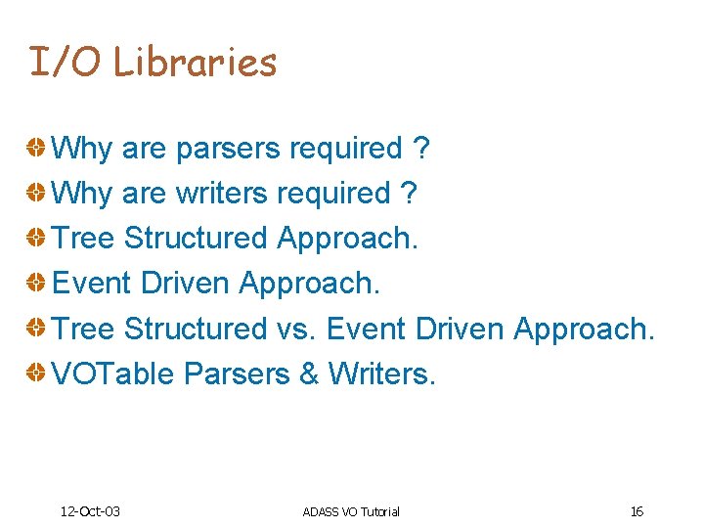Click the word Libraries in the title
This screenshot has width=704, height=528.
(196, 62)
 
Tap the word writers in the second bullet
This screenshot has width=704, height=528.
(221, 194)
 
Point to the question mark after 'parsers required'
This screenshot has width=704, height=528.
(421, 149)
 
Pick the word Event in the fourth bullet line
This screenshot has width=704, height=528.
(91, 284)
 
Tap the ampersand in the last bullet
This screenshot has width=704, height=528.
(309, 374)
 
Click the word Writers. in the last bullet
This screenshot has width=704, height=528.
(382, 374)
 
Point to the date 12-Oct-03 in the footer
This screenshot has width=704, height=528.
(90, 511)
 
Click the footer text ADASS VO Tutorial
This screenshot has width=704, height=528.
(351, 511)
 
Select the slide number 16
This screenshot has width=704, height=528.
(637, 511)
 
